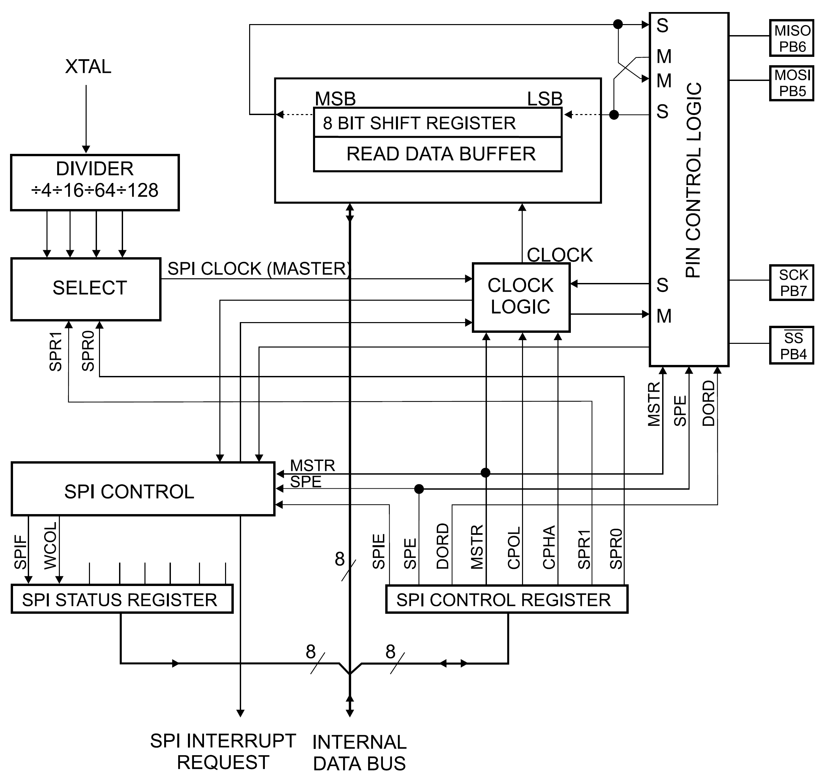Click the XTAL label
[88, 67]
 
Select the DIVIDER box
[95, 183]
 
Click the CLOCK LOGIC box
[521, 297]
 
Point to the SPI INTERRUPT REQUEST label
[223, 751]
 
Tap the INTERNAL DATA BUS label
[359, 753]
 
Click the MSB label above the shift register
[335, 99]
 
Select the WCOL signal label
[50, 546]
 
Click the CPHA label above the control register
[549, 547]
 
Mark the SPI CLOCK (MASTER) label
[258, 269]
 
